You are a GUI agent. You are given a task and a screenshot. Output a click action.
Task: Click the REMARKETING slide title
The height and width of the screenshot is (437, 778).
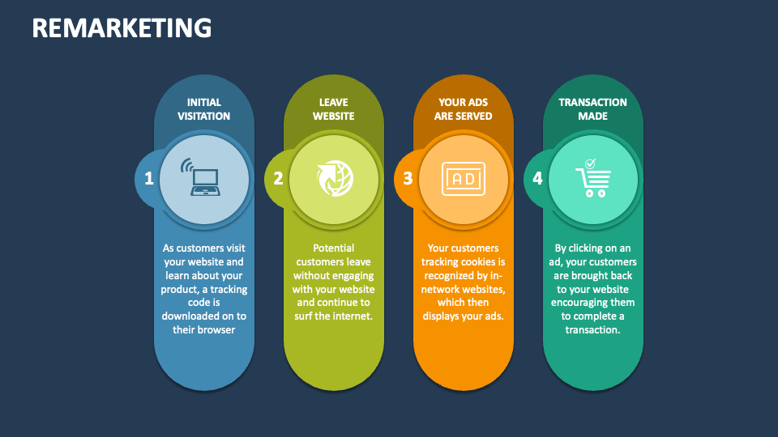122,28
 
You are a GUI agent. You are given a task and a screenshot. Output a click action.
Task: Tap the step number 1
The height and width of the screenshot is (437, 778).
149,178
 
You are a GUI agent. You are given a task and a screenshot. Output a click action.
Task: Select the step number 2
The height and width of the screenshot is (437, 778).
278,178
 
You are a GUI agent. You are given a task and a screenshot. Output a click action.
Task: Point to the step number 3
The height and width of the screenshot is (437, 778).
408,178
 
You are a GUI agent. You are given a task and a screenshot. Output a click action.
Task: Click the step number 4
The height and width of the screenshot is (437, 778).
537,178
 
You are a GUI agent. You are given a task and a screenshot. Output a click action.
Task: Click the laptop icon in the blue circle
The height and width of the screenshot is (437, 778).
204,179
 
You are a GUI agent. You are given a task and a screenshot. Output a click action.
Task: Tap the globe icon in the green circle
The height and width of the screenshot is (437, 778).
333,179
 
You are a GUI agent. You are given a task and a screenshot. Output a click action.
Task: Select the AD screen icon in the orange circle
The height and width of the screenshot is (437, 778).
463,179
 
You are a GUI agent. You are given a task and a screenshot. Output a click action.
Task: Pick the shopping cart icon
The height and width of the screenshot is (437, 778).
593,182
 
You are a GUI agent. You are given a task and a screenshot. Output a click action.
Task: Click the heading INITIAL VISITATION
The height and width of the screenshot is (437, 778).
203,109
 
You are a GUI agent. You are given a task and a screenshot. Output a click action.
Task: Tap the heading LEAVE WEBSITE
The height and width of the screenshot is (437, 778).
333,109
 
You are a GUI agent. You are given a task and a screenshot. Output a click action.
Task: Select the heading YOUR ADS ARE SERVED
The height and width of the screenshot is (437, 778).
463,109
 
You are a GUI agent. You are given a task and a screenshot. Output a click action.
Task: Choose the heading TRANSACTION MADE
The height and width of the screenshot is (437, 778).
592,109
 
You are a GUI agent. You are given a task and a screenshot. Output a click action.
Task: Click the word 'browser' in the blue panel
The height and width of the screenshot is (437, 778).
216,330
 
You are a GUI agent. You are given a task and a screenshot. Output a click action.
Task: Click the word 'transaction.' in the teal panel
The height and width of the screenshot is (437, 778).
592,330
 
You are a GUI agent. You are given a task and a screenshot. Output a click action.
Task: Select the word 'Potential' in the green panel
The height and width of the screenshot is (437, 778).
333,248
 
